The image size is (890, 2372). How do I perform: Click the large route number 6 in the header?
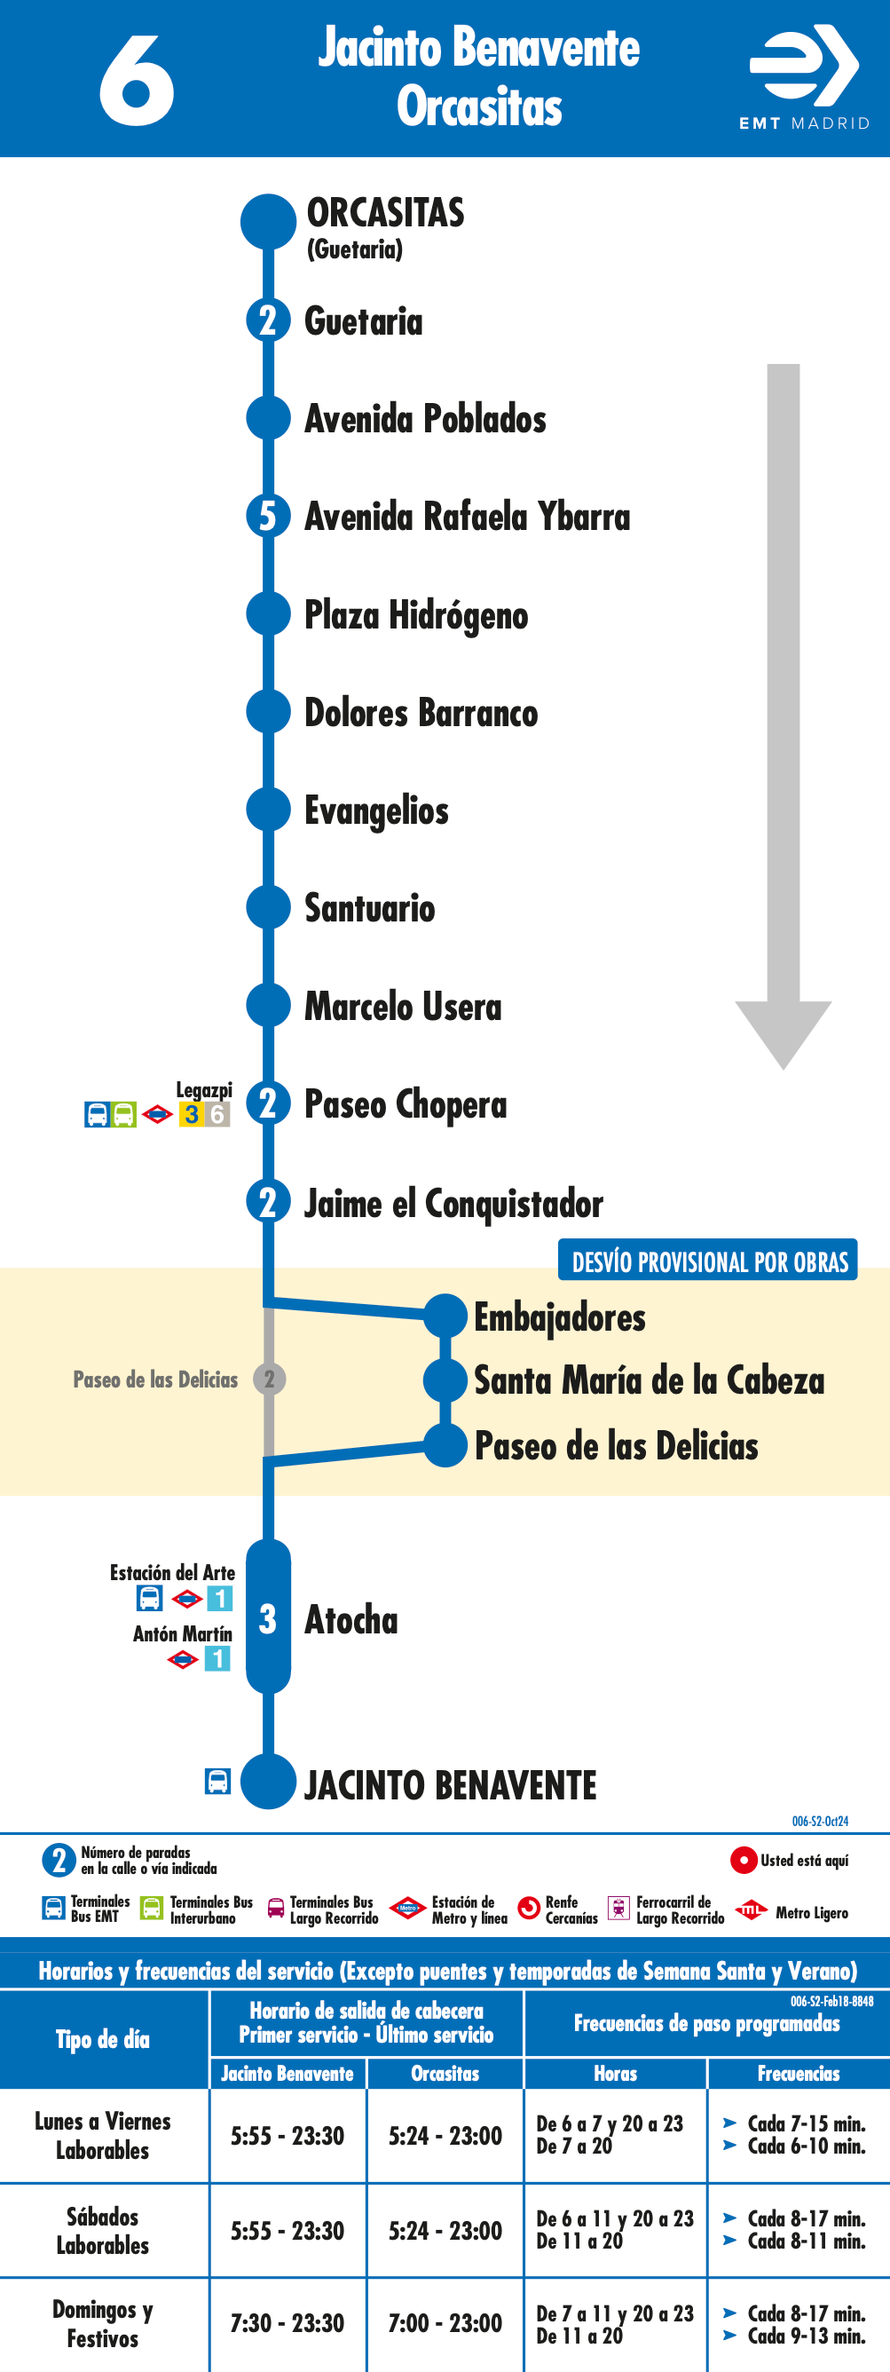137,81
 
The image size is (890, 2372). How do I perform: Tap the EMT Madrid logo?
805,77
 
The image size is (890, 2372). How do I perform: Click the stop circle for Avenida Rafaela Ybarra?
268,516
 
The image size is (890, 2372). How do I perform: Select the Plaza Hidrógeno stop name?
416,615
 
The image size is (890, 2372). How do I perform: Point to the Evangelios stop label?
376,811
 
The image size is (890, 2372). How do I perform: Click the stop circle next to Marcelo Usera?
268,1006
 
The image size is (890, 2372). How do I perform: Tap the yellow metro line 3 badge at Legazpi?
192,1114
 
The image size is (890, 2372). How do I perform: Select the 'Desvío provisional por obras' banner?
708,1261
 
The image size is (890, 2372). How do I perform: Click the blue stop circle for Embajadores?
445,1316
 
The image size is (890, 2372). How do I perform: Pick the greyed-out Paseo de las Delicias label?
155,1380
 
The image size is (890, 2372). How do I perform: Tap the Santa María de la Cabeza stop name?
649,1380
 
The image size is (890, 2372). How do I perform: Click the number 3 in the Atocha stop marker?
267,1619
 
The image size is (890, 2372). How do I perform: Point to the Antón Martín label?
182,1633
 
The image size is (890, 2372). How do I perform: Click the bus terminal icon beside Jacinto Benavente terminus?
218,1781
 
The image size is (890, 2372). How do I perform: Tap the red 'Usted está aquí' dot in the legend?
743,1860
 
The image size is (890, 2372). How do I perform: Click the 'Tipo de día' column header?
103,2040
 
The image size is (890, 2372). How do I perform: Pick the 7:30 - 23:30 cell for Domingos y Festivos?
287,2323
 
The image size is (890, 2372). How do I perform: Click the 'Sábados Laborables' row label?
103,2230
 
